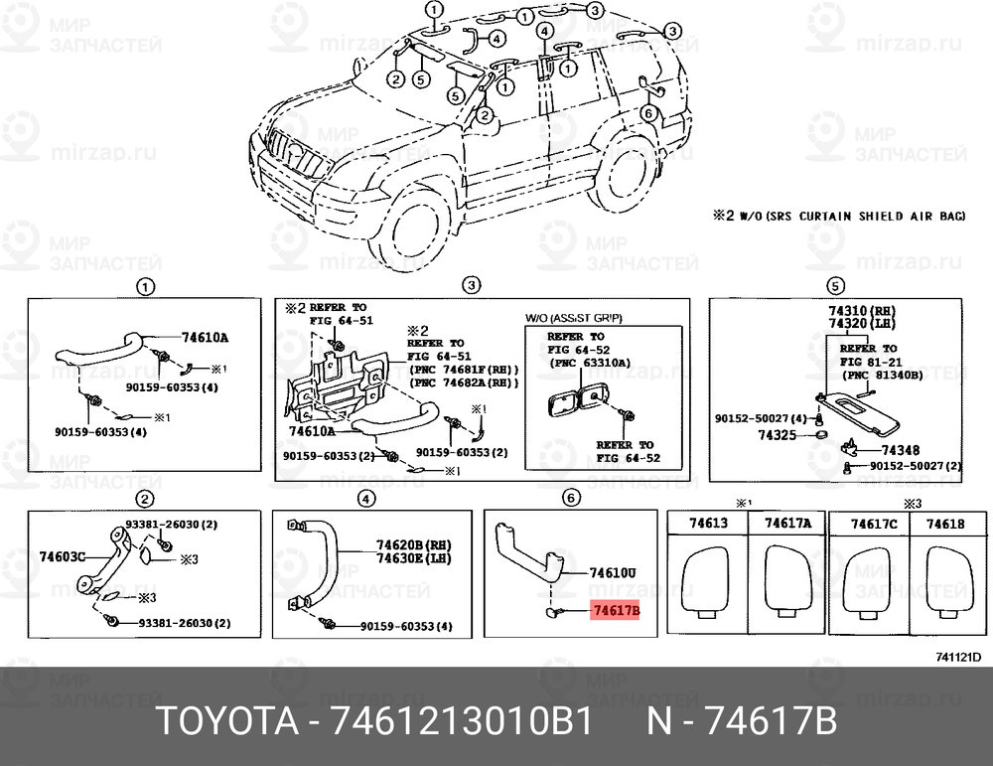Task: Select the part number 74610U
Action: point(613,573)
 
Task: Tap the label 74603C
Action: point(63,556)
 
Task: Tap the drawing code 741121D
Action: point(957,657)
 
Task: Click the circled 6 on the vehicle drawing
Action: point(647,112)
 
